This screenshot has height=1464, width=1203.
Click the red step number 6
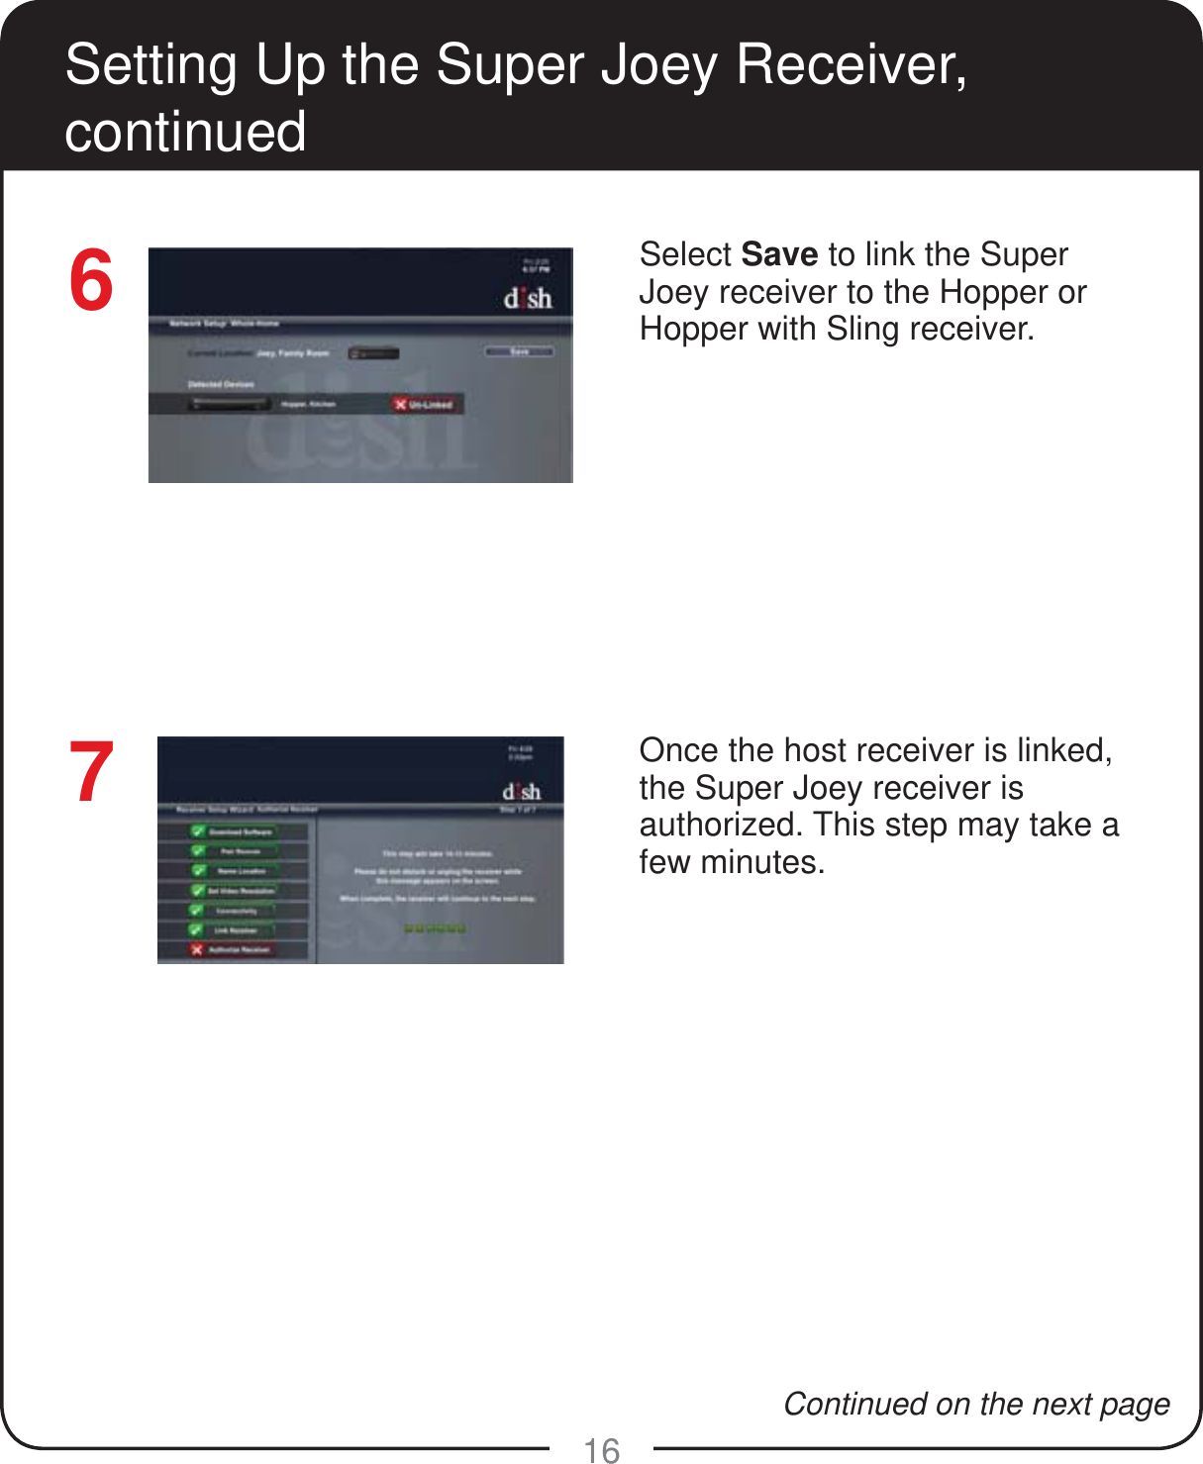point(91,281)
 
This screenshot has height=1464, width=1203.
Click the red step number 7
point(91,773)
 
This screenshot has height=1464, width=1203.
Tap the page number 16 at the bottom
point(601,1450)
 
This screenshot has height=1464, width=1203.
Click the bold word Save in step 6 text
point(779,254)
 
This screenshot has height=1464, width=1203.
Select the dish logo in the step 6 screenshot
point(528,298)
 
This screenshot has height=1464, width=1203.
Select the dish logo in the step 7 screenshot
point(521,792)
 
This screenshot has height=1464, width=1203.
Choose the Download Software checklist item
point(235,831)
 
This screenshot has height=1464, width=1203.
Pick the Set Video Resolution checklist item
point(235,891)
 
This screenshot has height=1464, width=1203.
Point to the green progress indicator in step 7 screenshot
point(434,928)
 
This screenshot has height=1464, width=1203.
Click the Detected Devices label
point(221,384)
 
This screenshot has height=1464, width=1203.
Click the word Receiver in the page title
point(851,64)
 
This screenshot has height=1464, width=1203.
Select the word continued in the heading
point(185,132)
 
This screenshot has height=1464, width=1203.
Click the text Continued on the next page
point(976,1404)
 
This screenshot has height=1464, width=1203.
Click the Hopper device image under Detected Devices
point(230,404)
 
